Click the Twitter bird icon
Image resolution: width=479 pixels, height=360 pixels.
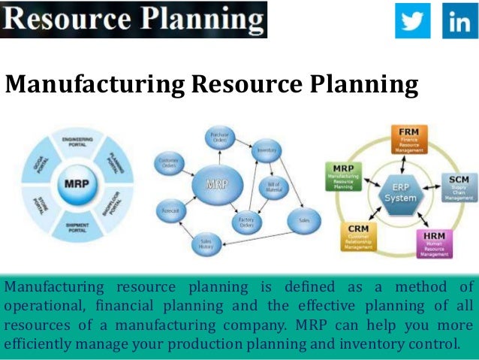[x=413, y=20]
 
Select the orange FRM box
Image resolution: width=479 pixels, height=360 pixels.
[x=408, y=138]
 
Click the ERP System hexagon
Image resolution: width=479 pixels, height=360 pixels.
[x=399, y=192]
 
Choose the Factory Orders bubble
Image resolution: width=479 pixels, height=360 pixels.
[x=245, y=222]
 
